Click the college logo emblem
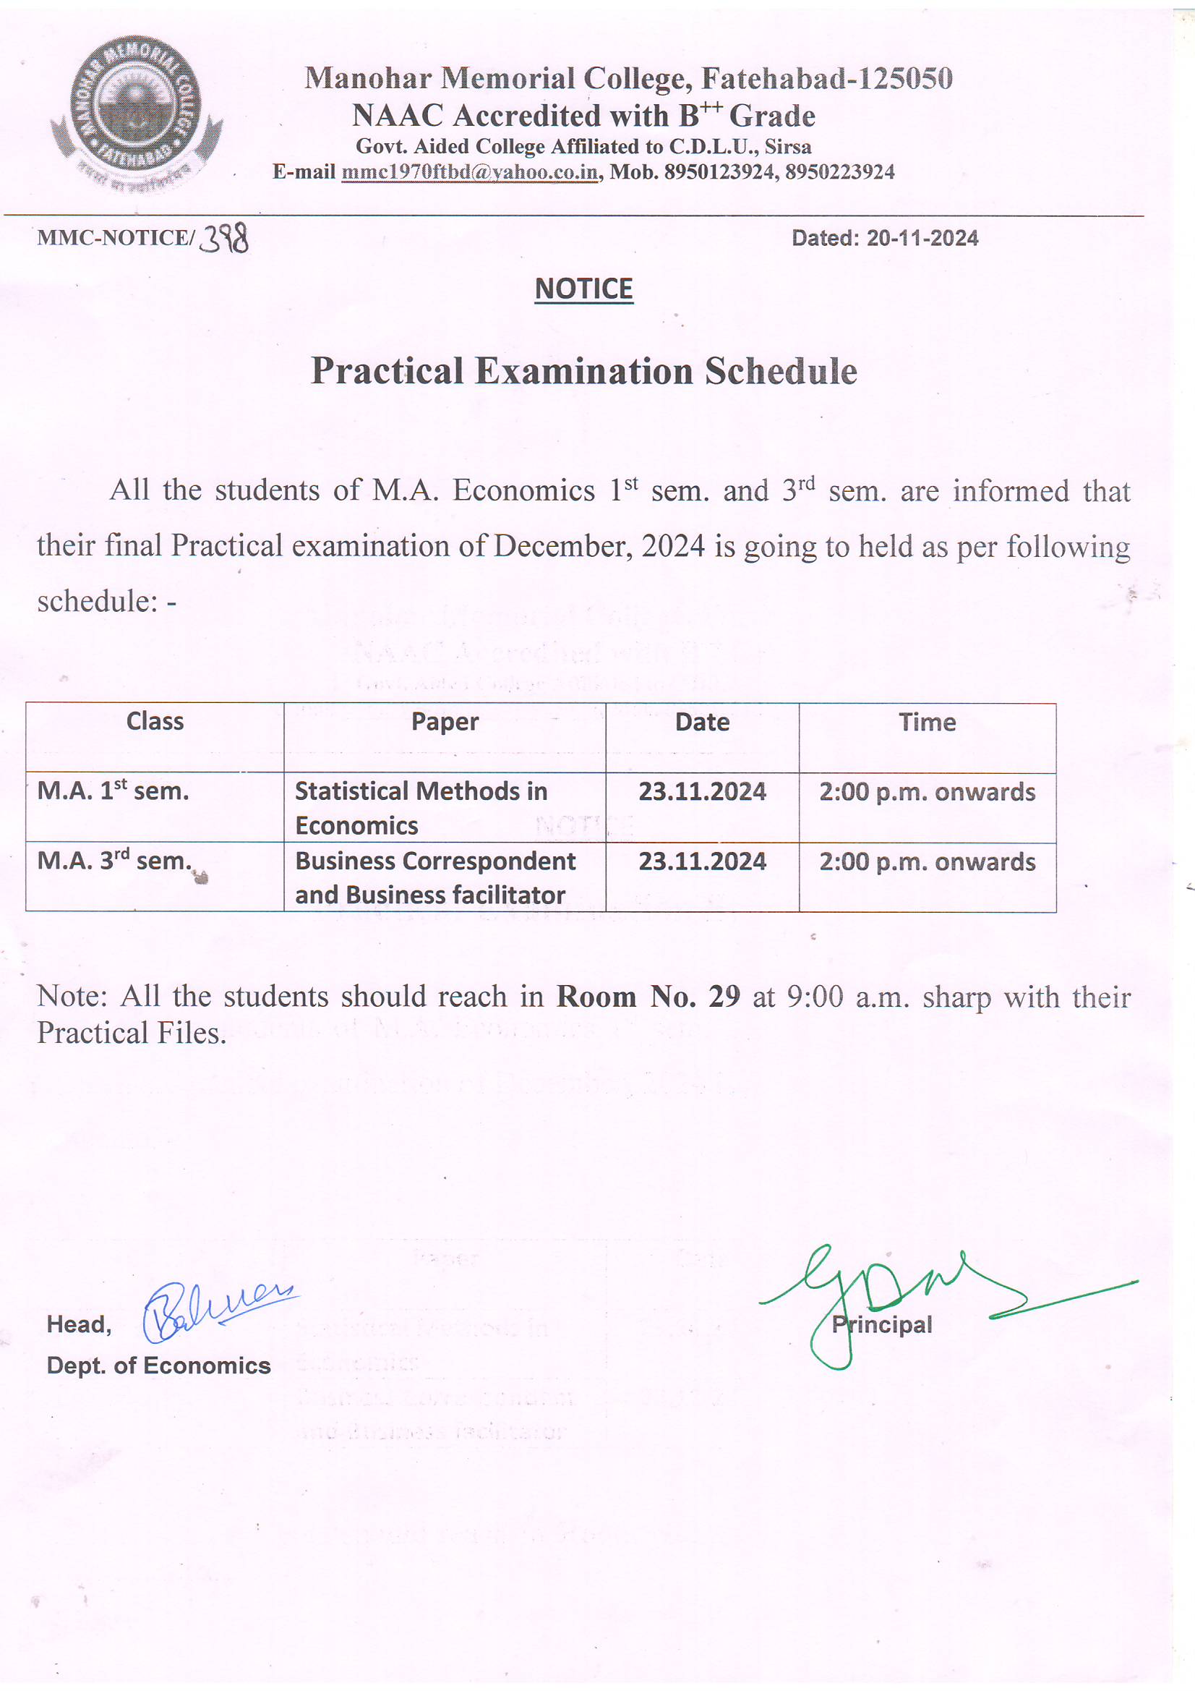[136, 111]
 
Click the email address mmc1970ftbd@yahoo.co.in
[470, 172]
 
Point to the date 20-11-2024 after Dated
[922, 239]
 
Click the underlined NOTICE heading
[583, 289]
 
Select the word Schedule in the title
[781, 371]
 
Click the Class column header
[155, 722]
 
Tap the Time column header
[927, 723]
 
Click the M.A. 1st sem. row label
[113, 791]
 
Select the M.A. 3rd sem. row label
[114, 860]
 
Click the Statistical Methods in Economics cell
[421, 808]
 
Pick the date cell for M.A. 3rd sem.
[702, 861]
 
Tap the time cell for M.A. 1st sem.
[927, 793]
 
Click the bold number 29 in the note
[724, 997]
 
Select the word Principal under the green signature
[882, 1325]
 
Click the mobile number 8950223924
[839, 172]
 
